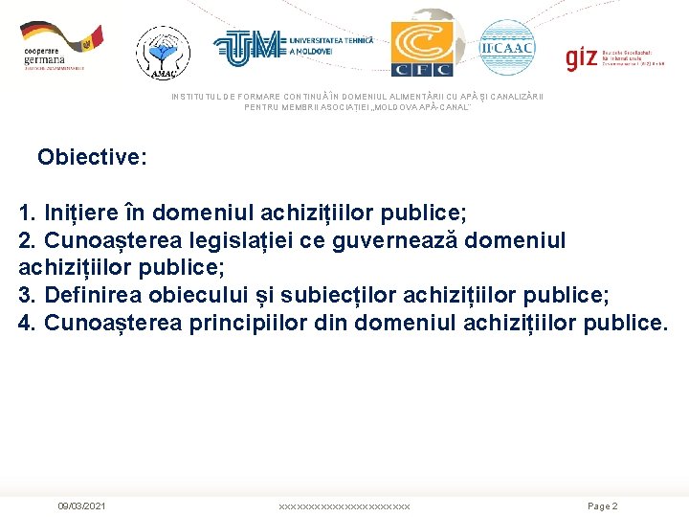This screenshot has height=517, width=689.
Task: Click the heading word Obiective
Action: coord(92,157)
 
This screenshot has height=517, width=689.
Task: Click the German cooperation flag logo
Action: coord(61,45)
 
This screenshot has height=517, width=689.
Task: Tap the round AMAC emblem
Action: coord(163,51)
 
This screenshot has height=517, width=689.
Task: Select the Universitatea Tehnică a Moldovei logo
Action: coord(293,45)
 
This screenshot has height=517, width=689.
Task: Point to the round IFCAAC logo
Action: coord(506,47)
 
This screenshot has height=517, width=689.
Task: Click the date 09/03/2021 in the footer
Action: coord(81,506)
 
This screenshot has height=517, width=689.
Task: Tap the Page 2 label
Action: coord(602,506)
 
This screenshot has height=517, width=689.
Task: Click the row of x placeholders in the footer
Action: coord(344,506)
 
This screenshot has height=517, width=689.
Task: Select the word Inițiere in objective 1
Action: coord(78,213)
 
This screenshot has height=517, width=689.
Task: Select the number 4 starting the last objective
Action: coord(26,322)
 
